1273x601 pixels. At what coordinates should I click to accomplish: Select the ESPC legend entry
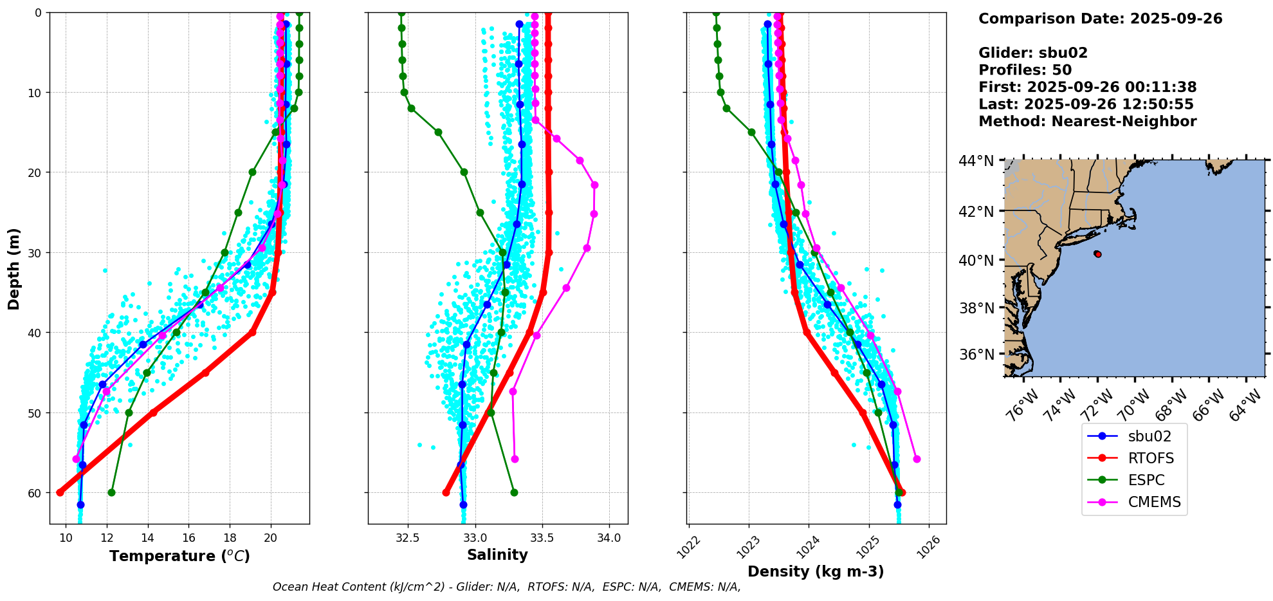(x=1146, y=480)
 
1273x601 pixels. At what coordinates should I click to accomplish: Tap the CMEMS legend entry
(x=1154, y=502)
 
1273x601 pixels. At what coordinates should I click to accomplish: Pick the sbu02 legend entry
(x=1149, y=436)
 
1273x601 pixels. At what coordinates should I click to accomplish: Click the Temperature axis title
(x=179, y=556)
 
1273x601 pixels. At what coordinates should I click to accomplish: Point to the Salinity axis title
(x=497, y=555)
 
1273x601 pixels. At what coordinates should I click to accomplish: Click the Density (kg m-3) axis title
(x=815, y=571)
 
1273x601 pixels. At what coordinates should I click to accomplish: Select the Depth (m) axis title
(x=14, y=268)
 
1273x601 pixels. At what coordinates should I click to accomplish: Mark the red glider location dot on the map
(x=1097, y=254)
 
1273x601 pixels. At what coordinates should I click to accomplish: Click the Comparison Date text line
(x=1100, y=19)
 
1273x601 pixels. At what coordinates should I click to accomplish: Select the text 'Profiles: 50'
(x=1025, y=70)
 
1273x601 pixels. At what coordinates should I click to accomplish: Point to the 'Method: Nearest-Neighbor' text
(x=1087, y=122)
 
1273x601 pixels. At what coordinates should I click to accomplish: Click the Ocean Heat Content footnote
(x=506, y=587)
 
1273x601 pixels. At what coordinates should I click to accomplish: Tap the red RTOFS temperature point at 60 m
(x=60, y=492)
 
